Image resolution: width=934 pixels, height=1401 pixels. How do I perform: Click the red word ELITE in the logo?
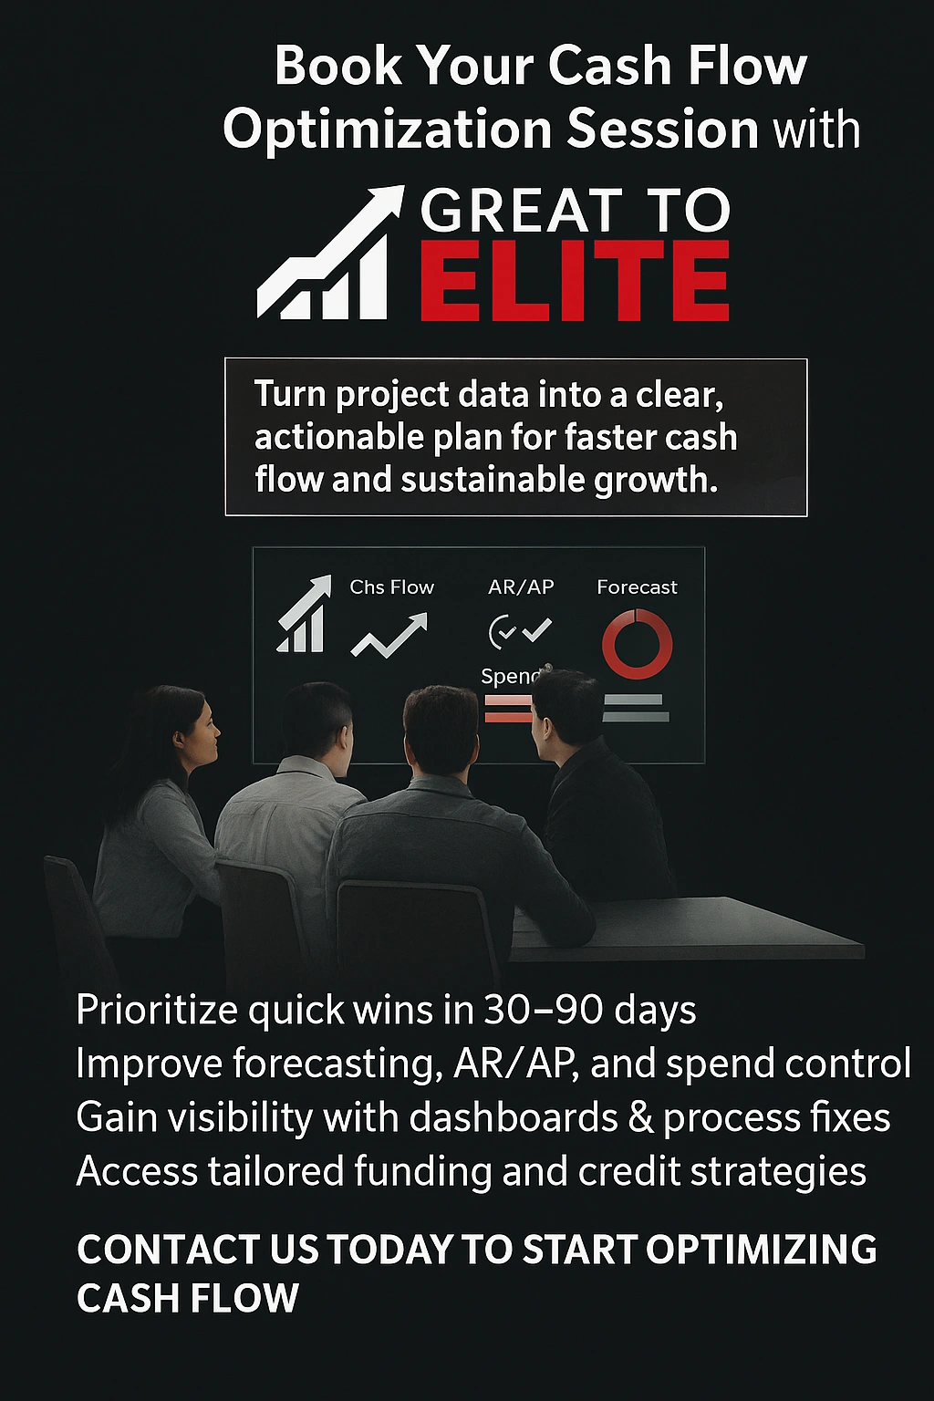[575, 281]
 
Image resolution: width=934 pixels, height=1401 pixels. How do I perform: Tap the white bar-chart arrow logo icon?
[328, 255]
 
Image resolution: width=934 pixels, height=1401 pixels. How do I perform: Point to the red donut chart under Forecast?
[637, 644]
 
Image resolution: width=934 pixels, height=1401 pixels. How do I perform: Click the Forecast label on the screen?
[637, 587]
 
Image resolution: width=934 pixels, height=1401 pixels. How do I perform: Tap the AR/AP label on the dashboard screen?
[521, 587]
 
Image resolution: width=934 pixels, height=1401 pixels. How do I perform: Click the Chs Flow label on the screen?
[391, 587]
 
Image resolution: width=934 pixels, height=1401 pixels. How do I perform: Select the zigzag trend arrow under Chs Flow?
[389, 635]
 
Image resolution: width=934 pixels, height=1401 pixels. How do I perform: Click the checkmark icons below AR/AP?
[520, 630]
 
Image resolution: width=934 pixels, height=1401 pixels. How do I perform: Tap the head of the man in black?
[562, 707]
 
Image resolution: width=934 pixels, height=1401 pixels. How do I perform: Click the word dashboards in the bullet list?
[514, 1117]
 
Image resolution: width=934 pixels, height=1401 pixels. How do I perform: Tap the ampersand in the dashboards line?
[641, 1117]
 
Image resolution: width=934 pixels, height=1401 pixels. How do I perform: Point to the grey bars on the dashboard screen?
[635, 709]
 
